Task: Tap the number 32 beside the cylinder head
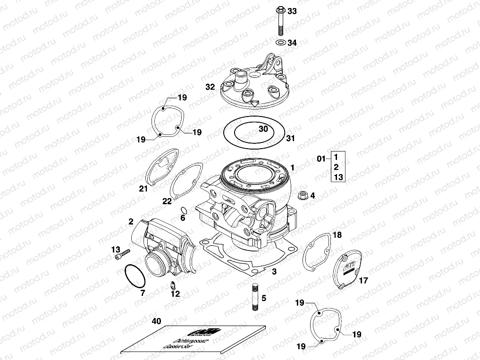point(210,87)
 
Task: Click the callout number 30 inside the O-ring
point(263,129)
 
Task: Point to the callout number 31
point(290,138)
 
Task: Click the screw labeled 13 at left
point(122,255)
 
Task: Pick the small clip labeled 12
point(173,285)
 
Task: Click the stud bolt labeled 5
point(255,297)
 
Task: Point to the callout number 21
point(143,189)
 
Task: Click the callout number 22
point(167,201)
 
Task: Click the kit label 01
point(321,159)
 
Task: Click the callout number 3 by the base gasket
point(274,271)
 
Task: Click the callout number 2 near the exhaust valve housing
point(131,221)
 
